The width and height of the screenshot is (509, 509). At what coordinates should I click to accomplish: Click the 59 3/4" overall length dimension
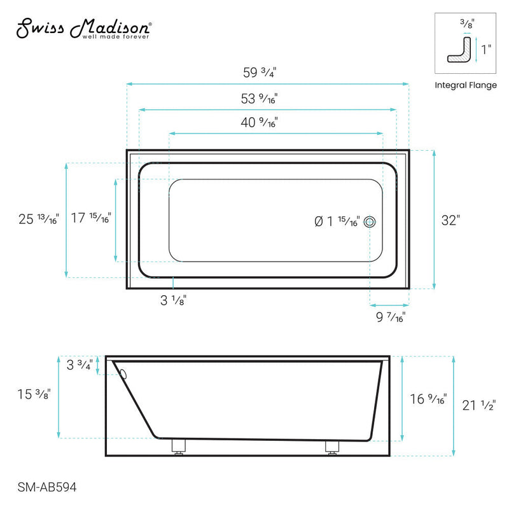pyautogui.click(x=260, y=72)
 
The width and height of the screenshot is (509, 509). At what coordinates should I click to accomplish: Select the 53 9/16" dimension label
pyautogui.click(x=260, y=99)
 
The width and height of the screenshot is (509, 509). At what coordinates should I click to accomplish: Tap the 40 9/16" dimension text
pyautogui.click(x=260, y=123)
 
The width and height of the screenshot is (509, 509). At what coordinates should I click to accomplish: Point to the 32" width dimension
pyautogui.click(x=450, y=220)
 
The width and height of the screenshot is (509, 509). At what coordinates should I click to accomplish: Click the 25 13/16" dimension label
pyautogui.click(x=38, y=220)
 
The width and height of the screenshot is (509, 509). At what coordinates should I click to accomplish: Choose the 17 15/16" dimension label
pyautogui.click(x=91, y=218)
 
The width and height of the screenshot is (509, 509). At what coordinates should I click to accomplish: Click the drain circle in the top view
pyautogui.click(x=371, y=221)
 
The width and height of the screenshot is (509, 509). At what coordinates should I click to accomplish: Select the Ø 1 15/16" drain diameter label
pyautogui.click(x=337, y=221)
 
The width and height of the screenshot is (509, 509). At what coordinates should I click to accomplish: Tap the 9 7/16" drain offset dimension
pyautogui.click(x=389, y=316)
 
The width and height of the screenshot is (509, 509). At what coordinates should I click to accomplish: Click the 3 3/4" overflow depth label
pyautogui.click(x=80, y=365)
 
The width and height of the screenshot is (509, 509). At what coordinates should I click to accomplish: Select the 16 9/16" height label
pyautogui.click(x=429, y=400)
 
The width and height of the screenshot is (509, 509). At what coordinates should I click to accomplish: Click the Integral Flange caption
pyautogui.click(x=466, y=85)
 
